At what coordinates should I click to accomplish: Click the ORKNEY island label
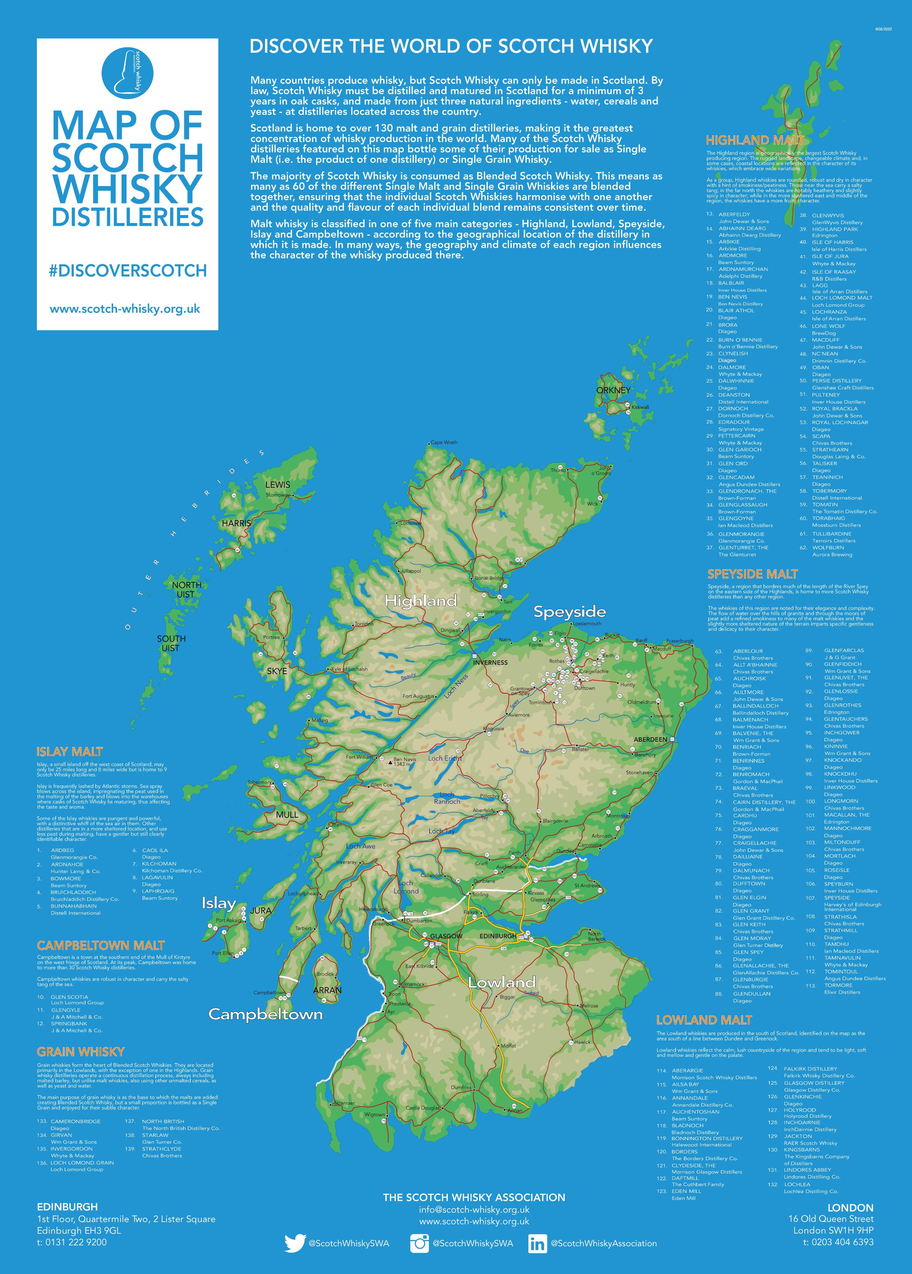tap(613, 390)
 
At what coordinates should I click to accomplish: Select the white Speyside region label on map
tap(569, 612)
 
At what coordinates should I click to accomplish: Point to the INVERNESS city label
tap(490, 662)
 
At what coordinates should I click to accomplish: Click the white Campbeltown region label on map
tap(266, 1014)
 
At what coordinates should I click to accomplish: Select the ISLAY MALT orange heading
tap(70, 752)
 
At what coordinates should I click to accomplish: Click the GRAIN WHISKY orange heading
tap(80, 1052)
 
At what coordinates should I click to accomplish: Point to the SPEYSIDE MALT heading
tap(752, 574)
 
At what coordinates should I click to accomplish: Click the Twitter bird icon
tap(294, 1243)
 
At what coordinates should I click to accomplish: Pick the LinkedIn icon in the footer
tap(537, 1243)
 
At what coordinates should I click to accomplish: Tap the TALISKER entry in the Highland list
tap(824, 463)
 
